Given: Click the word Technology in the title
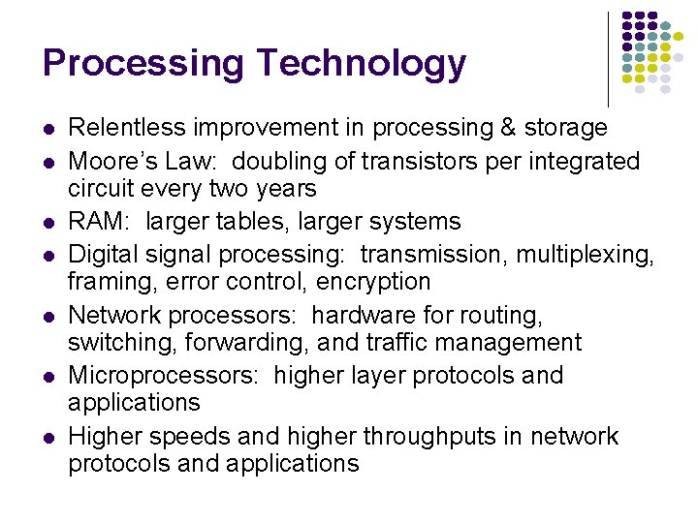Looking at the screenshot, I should [363, 63].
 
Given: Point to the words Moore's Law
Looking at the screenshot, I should [142, 161].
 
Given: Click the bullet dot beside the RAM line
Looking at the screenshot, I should [48, 222].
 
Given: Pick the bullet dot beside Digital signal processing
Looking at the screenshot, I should [48, 255].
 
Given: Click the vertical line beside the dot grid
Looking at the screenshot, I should [608, 58].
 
